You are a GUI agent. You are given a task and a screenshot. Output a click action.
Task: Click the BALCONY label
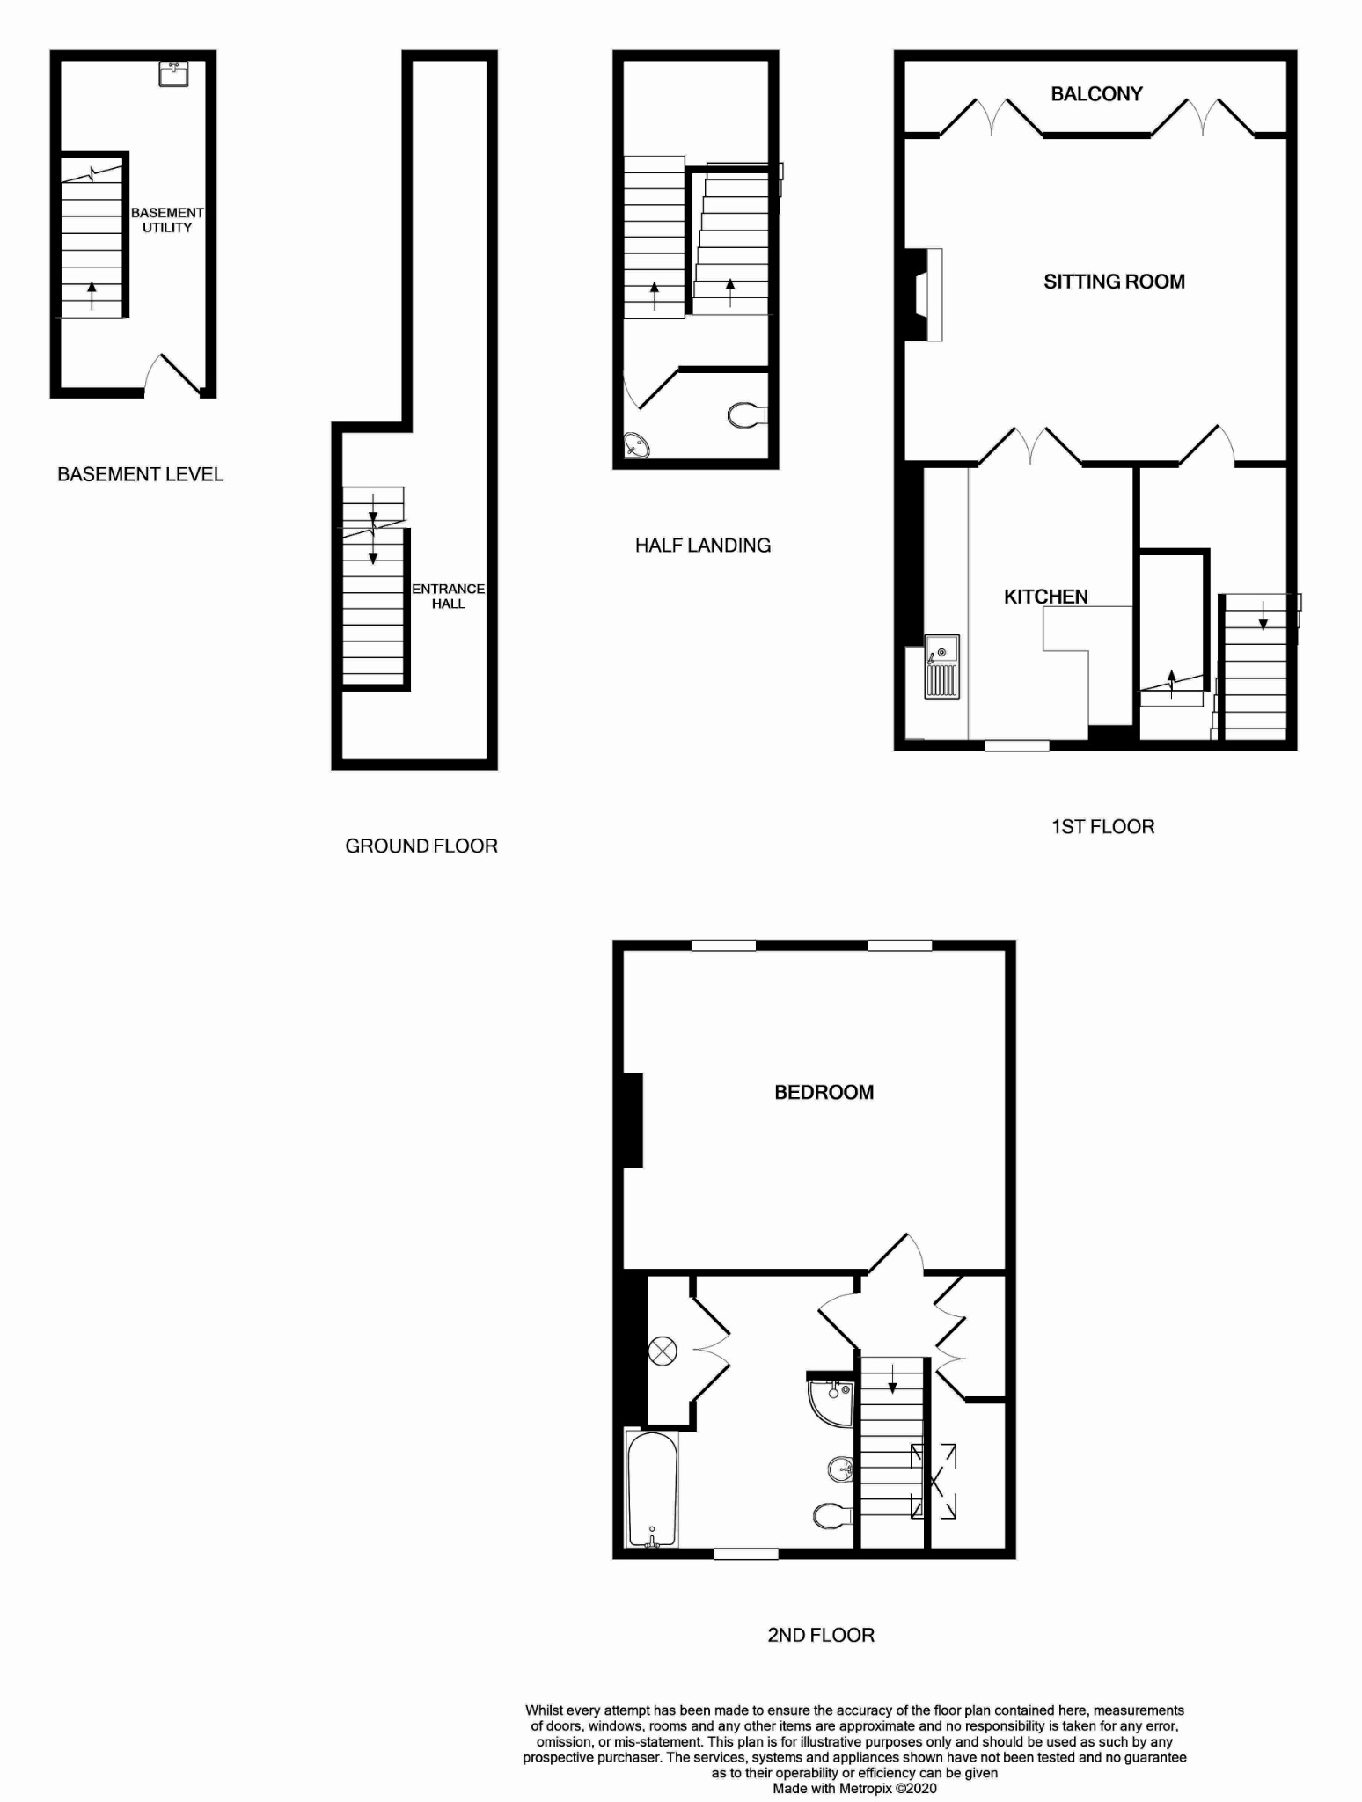click(x=1096, y=94)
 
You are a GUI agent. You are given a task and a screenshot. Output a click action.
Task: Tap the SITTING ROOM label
click(x=1114, y=282)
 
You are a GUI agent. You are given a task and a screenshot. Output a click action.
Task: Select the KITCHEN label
click(x=1046, y=597)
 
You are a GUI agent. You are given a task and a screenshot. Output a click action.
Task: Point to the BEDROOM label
click(x=824, y=1092)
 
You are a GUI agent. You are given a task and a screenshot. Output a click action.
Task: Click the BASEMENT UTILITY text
click(x=167, y=220)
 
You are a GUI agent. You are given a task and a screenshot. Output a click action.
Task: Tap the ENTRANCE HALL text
click(x=449, y=596)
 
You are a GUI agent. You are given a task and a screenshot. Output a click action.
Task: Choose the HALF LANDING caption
click(x=703, y=546)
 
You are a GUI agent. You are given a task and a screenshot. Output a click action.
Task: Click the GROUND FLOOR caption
click(x=421, y=846)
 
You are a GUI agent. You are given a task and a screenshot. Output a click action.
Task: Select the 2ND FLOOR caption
click(x=821, y=1636)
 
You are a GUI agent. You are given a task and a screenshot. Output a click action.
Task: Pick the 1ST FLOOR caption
click(x=1103, y=827)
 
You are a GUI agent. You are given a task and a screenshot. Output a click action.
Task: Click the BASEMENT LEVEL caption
click(x=141, y=475)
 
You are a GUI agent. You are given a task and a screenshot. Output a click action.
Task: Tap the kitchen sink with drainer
click(x=941, y=667)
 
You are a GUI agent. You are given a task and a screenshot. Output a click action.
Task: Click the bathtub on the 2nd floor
click(x=652, y=1489)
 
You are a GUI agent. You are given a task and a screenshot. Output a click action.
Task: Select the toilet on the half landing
click(x=748, y=414)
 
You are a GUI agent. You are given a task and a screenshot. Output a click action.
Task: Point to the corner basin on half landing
click(x=635, y=446)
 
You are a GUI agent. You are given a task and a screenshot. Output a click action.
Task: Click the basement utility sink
click(x=173, y=74)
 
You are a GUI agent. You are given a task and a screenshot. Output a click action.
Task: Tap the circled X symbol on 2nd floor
click(x=663, y=1351)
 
